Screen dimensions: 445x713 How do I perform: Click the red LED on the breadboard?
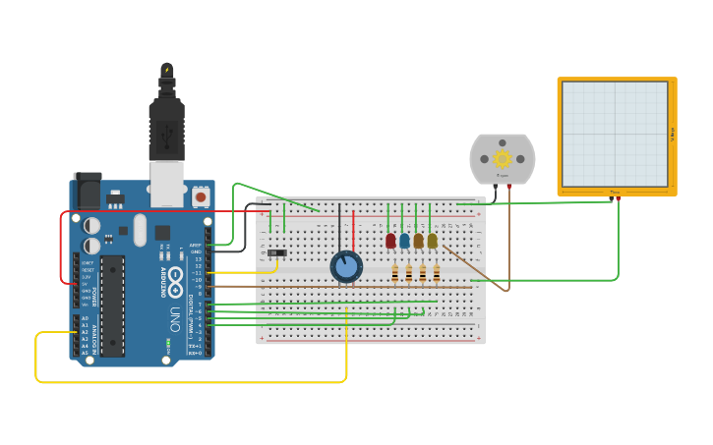[390, 240]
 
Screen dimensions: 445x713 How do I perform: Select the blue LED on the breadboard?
[404, 240]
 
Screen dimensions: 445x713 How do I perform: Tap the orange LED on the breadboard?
[418, 240]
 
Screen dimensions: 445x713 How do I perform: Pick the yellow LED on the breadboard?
[432, 240]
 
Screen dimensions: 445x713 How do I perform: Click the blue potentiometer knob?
[346, 266]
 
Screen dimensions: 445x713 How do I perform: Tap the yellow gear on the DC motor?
[503, 158]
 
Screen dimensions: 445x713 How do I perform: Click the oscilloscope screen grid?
[615, 134]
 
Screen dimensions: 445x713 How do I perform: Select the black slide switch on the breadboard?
[277, 253]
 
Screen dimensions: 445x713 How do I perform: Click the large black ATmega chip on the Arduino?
[113, 305]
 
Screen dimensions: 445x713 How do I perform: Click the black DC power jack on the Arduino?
[87, 189]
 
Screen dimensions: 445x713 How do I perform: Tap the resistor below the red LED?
[395, 273]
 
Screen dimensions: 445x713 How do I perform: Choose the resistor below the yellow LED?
[437, 273]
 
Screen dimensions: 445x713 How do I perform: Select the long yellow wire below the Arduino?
[197, 381]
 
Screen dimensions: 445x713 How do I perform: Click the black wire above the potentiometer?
[339, 226]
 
